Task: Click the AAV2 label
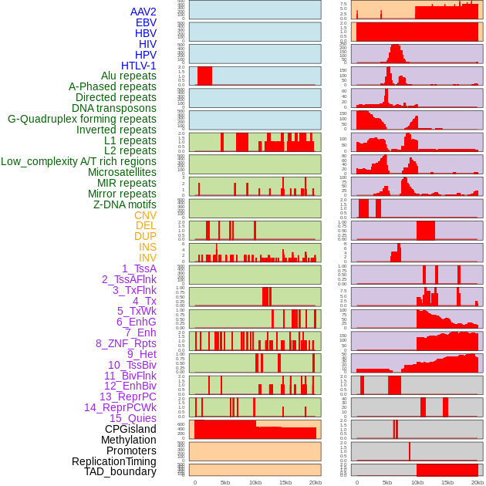[143, 12]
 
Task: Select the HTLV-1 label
[138, 66]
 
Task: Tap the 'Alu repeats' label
[128, 76]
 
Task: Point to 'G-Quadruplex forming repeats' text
[82, 119]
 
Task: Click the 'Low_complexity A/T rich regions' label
[79, 161]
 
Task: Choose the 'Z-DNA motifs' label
[125, 204]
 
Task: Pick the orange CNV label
[145, 215]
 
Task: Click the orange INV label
[147, 258]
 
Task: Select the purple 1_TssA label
[139, 268]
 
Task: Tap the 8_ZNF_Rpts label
[126, 343]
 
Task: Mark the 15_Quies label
[133, 418]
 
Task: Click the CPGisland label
[130, 429]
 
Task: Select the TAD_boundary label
[120, 471]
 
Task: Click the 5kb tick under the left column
[225, 482]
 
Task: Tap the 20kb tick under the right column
[478, 482]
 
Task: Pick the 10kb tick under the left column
[255, 482]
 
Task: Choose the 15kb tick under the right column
[447, 482]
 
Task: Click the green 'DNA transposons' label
[114, 108]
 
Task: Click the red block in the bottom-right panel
[447, 470]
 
